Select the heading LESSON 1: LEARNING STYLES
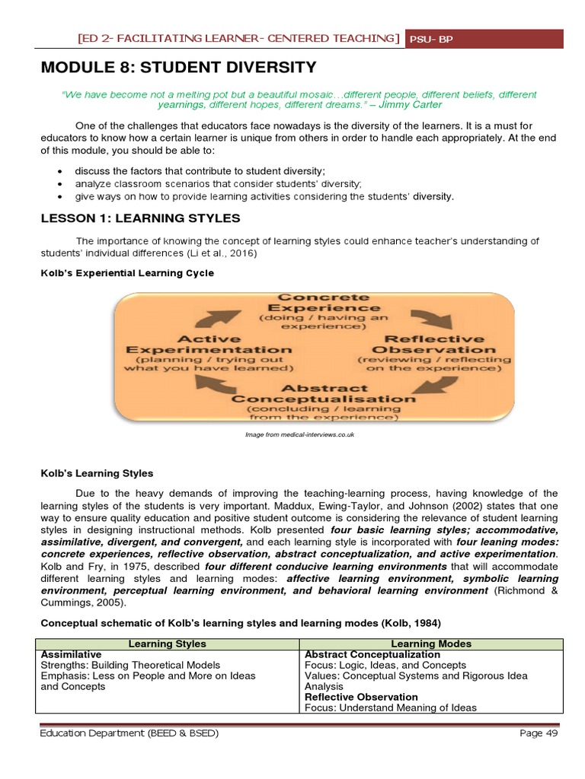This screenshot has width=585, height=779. [140, 218]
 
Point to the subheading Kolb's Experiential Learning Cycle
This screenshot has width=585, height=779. [127, 272]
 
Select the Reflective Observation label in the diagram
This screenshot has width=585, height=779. [434, 345]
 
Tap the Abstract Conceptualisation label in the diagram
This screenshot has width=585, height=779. [324, 393]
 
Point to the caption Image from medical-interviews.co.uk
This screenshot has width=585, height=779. [299, 434]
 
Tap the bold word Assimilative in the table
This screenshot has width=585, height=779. [71, 654]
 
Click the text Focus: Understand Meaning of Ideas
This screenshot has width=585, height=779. [390, 707]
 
